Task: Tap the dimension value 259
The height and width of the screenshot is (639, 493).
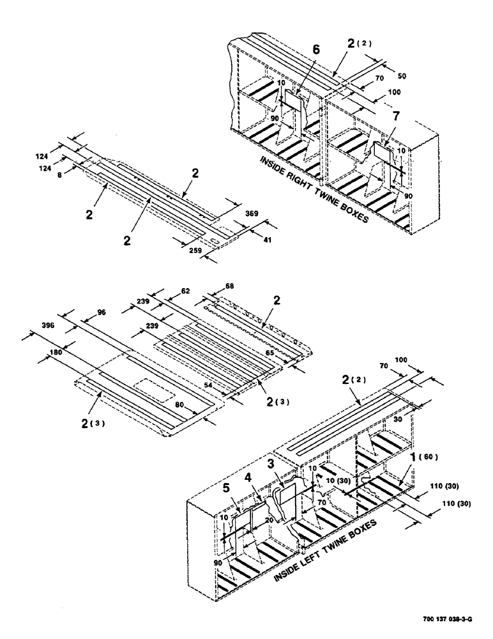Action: pos(196,250)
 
